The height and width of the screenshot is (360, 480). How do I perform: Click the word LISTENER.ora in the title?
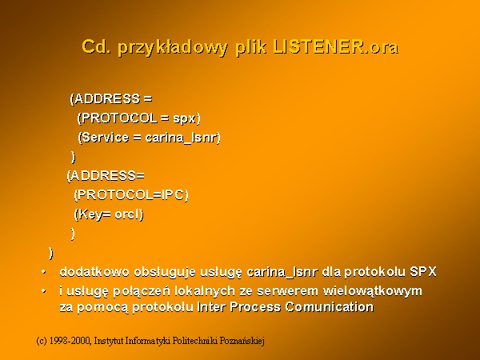point(336,47)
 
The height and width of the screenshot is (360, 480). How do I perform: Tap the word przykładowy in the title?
point(173,48)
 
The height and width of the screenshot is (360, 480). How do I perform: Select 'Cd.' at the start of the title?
point(97,47)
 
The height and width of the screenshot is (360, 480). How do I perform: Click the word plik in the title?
point(251,48)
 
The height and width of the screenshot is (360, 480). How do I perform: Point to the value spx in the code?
point(184,119)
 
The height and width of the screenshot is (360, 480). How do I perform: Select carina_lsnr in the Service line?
point(181,138)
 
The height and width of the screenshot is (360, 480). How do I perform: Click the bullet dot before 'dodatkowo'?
point(44,272)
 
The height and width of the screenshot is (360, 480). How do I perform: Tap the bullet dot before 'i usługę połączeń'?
point(44,291)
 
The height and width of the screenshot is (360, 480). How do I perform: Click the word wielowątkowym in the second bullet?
point(373,291)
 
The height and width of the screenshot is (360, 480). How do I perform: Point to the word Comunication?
point(330,306)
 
